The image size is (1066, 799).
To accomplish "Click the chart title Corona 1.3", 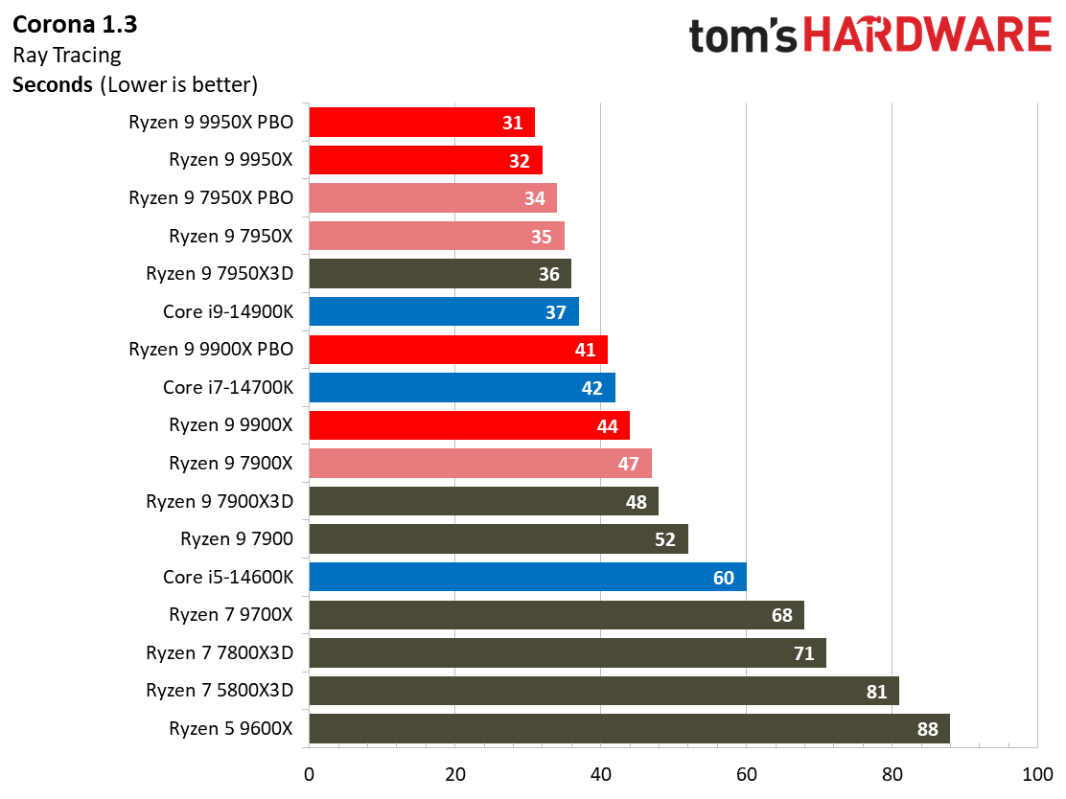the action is (75, 25).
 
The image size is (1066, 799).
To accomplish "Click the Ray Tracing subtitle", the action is (67, 55).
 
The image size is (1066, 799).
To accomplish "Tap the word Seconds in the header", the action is (53, 85).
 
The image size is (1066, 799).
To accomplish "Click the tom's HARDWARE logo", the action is (870, 35).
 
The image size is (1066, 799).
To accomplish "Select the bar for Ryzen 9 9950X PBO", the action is (422, 123).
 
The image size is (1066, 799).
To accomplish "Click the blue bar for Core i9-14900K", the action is (444, 311).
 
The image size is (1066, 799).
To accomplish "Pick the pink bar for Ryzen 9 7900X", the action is (480, 463).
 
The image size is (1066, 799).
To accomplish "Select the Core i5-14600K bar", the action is (527, 577).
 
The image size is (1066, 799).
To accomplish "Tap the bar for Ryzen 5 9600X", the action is (630, 728).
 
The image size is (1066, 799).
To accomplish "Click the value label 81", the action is (876, 692).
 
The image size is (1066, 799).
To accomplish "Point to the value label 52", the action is (665, 539).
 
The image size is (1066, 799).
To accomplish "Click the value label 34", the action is (534, 198).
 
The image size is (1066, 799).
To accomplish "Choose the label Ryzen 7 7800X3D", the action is (220, 653).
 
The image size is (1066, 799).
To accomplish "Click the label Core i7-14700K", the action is (228, 387).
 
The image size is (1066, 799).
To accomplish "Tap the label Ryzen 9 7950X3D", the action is (220, 274).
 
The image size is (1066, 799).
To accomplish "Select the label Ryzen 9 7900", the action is (237, 538).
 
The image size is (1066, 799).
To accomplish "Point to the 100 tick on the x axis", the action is (1037, 774).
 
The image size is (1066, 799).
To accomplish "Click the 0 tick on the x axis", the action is (310, 774).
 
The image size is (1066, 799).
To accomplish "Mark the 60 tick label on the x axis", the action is (747, 774).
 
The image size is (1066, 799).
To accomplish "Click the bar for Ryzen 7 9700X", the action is (557, 615).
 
